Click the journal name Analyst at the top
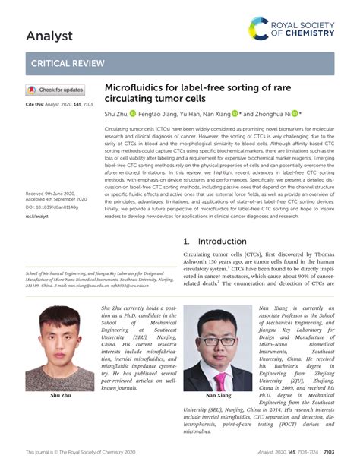click(x=49, y=36)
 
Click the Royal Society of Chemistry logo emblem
click(x=259, y=29)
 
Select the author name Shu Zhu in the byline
click(x=115, y=113)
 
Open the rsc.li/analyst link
click(x=36, y=217)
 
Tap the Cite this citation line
click(x=58, y=103)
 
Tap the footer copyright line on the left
click(x=81, y=451)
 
